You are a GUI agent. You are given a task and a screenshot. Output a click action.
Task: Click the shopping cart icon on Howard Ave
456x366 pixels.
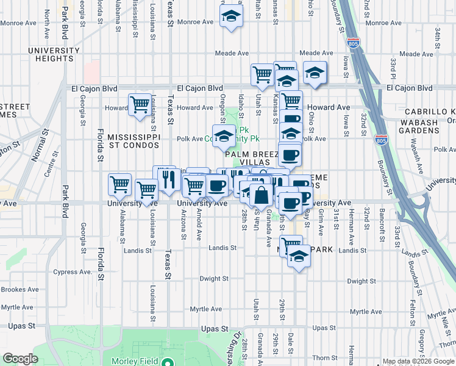[140, 104]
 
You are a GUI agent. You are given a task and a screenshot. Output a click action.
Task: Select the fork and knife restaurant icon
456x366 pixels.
[166, 179]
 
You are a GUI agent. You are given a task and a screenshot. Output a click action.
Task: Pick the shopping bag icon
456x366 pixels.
[261, 195]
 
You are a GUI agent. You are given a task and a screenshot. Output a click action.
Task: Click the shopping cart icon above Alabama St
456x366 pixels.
[119, 184]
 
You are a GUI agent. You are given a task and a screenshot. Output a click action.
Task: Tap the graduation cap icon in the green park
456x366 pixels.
[224, 136]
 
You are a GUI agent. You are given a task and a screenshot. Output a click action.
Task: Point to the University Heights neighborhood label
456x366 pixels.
[37, 54]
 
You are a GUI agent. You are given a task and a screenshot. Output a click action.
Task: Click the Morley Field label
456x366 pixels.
[134, 361]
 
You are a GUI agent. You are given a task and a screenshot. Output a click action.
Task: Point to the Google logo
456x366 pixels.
[20, 359]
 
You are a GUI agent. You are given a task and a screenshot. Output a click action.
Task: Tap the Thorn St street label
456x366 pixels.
[319, 358]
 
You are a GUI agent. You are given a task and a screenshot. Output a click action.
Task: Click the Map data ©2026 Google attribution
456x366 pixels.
[418, 361]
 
